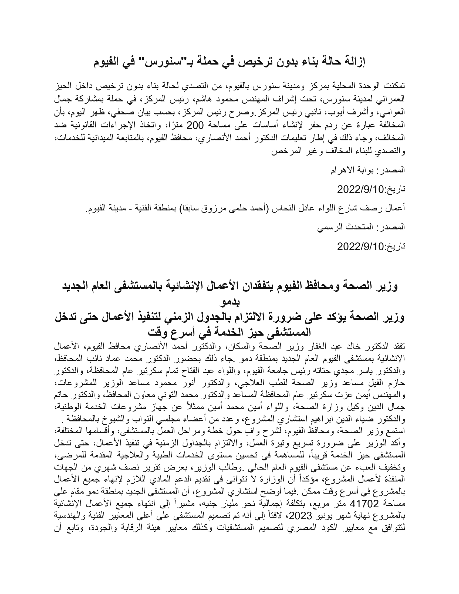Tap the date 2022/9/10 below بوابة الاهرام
(360, 189)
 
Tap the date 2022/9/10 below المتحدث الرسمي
(360, 247)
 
